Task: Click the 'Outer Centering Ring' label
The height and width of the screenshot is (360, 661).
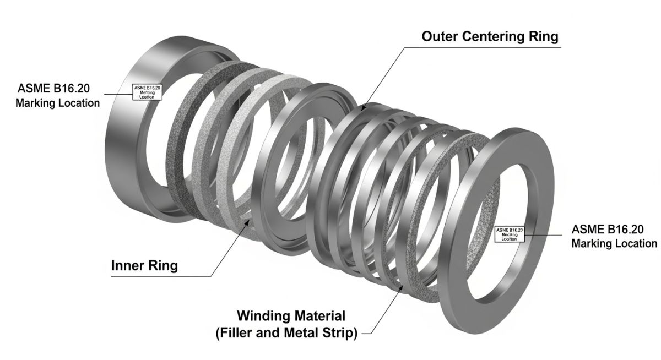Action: coord(490,36)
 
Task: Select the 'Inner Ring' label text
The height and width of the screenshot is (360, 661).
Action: coord(144,265)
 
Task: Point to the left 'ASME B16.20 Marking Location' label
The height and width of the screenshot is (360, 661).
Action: coord(58,95)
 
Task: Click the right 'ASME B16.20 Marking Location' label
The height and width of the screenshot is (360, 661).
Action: coord(614,236)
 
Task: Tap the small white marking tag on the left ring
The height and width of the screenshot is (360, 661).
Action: coord(147,91)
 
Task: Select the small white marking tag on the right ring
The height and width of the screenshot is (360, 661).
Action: coord(510,233)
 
